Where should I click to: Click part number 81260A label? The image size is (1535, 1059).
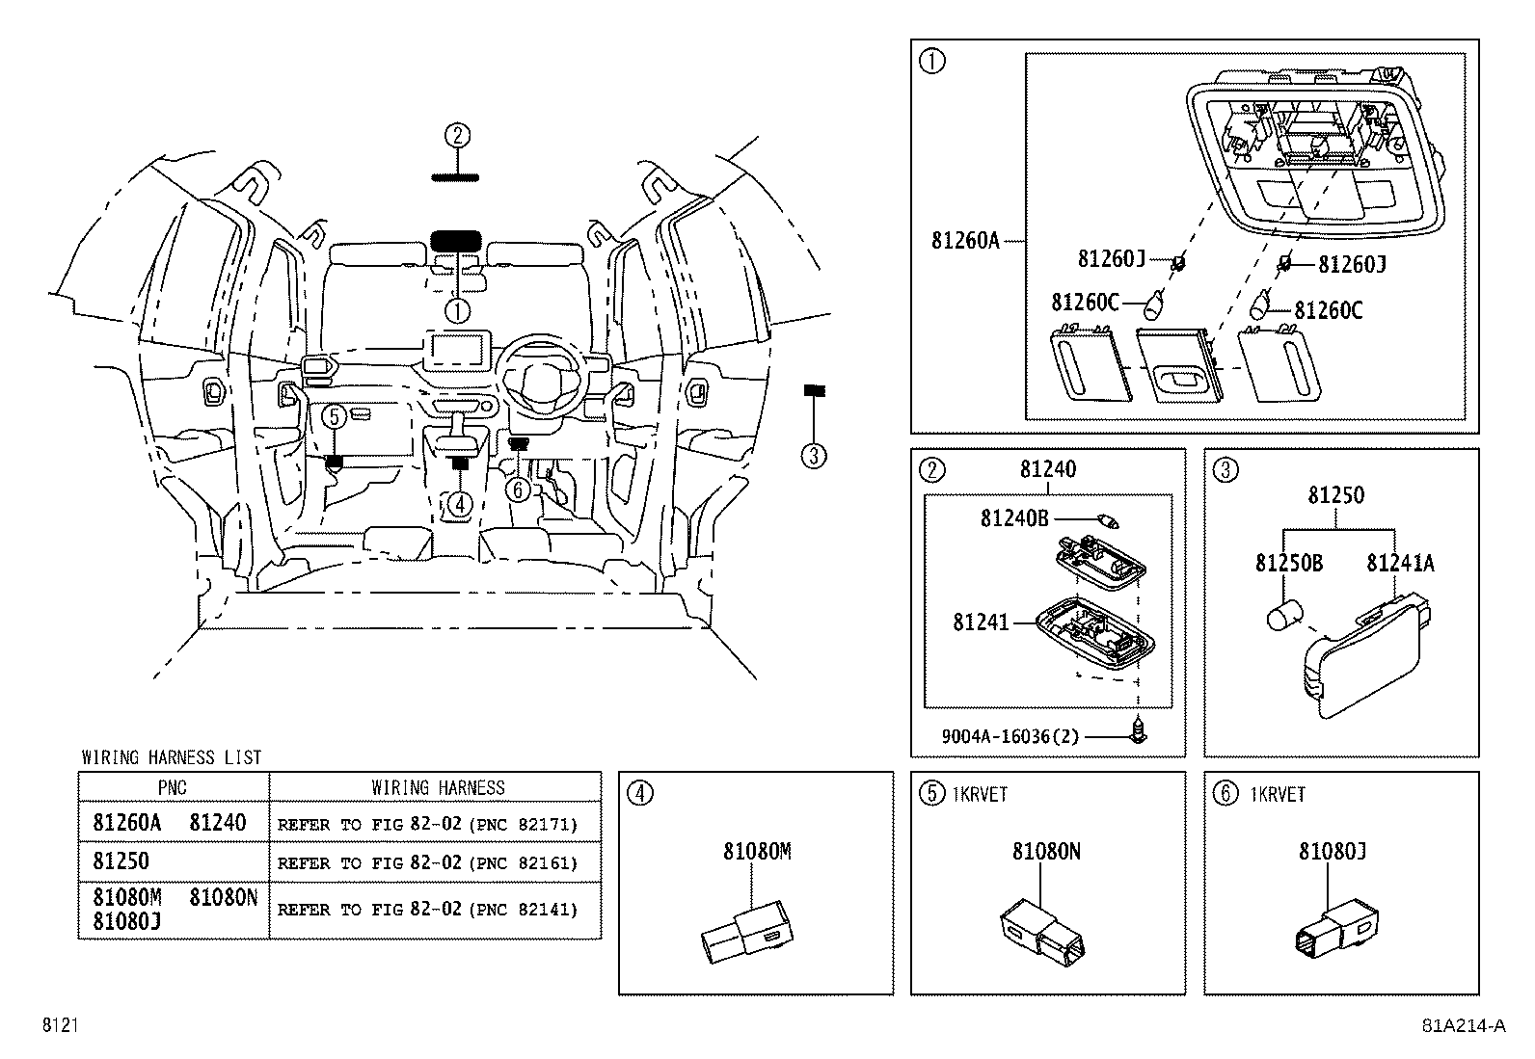(965, 240)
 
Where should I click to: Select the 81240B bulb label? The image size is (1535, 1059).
(1013, 518)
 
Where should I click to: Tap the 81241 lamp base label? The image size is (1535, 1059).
(981, 622)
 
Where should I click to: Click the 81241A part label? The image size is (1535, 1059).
(1399, 564)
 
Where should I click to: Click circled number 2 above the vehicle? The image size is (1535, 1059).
(457, 135)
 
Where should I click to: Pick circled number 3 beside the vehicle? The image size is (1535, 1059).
(814, 456)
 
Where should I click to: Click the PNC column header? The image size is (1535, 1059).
(173, 787)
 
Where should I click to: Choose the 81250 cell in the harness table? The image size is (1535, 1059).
(121, 860)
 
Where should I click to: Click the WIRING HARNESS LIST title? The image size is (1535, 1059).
(171, 757)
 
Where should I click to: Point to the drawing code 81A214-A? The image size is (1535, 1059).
(1463, 1025)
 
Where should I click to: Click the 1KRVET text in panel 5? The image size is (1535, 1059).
(980, 794)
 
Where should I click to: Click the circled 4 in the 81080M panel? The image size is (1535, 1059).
(640, 793)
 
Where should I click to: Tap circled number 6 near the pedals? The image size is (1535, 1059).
(519, 490)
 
